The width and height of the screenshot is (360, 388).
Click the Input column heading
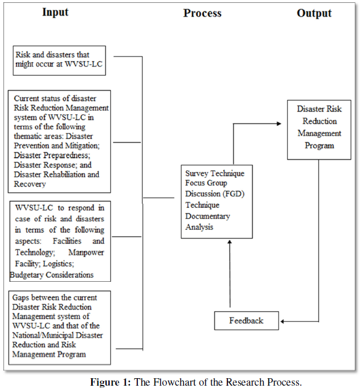coord(55,12)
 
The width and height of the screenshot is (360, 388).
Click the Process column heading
coord(202,13)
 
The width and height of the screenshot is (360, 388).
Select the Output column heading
coord(314,13)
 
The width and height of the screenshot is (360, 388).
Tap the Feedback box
coord(246,320)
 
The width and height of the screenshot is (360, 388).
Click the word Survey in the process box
coord(197,174)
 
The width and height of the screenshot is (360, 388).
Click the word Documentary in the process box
coord(208,216)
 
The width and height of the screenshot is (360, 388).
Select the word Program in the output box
coord(319,145)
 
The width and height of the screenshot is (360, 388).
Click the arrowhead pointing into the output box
coord(279,124)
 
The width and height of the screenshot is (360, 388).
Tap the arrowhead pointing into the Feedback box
coord(283,322)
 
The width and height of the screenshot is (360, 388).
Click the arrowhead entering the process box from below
coord(230,242)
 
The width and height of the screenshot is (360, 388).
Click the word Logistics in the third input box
coord(58,264)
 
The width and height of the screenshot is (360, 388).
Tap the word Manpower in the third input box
coord(86,253)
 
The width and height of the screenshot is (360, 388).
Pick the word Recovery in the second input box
coord(29,184)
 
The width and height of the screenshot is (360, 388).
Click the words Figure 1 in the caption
coord(110,382)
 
